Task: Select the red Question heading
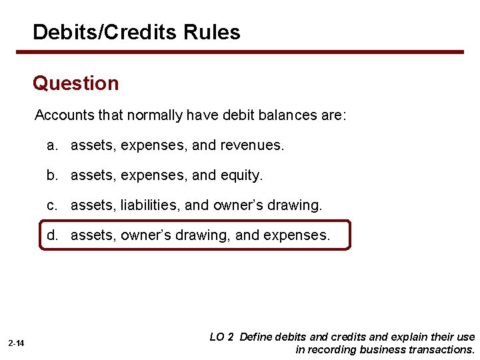[75, 83]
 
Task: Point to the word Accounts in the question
[61, 115]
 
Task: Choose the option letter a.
[51, 145]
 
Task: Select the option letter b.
[51, 175]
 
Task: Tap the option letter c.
[51, 205]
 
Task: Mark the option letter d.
[51, 235]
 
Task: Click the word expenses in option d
[297, 235]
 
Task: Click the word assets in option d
[91, 235]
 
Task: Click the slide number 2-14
[17, 343]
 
